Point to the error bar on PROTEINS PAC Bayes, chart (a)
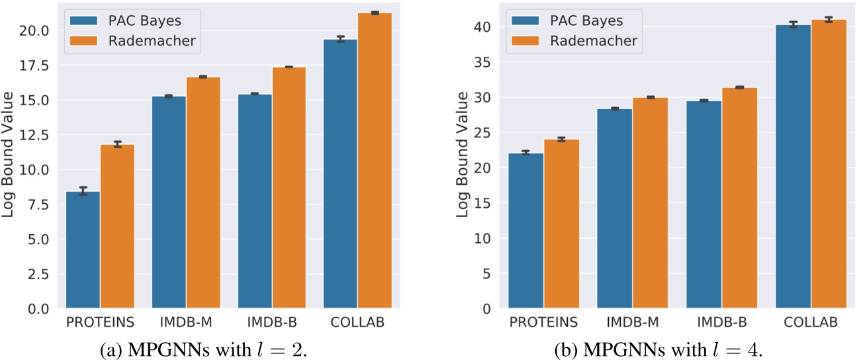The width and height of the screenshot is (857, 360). pyautogui.click(x=83, y=191)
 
